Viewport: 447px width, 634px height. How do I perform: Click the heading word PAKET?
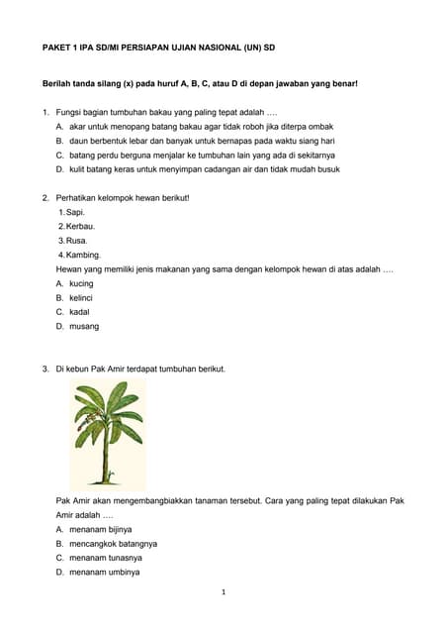[x=54, y=47]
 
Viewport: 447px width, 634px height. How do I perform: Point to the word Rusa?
[x=76, y=241]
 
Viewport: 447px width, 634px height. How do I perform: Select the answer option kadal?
[x=79, y=311]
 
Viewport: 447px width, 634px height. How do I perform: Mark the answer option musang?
[x=84, y=326]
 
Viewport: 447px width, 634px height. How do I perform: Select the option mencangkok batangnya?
[x=113, y=544]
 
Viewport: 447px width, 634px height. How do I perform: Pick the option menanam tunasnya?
[x=105, y=558]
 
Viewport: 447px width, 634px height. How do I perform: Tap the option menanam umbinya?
[x=104, y=572]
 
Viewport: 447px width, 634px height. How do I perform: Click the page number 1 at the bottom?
[x=223, y=592]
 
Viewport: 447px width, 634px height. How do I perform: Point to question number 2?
[x=45, y=197]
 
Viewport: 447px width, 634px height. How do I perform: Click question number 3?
[x=45, y=369]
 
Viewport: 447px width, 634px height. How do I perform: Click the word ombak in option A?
[x=321, y=127]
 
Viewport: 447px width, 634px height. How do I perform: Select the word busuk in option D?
[x=327, y=169]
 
